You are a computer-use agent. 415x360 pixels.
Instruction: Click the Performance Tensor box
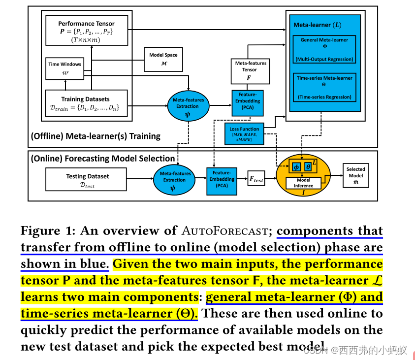(87, 31)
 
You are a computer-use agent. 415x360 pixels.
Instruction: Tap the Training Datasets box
(87, 102)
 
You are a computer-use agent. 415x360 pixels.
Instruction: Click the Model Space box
(163, 59)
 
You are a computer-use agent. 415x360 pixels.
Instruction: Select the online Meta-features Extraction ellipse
(175, 180)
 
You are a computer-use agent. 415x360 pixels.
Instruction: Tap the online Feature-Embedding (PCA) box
(222, 179)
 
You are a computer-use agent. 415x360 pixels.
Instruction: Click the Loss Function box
(244, 133)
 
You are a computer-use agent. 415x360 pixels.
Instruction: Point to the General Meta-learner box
(323, 49)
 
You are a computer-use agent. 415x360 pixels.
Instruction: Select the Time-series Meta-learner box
(323, 87)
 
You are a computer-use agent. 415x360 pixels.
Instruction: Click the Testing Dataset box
(87, 180)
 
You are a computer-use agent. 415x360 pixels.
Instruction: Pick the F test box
(256, 180)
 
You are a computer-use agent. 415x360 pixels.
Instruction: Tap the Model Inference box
(303, 183)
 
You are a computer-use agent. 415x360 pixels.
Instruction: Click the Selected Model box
(355, 176)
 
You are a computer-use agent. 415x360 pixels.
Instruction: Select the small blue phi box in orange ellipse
(296, 167)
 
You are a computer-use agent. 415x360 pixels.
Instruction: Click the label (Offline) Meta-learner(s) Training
(95, 136)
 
